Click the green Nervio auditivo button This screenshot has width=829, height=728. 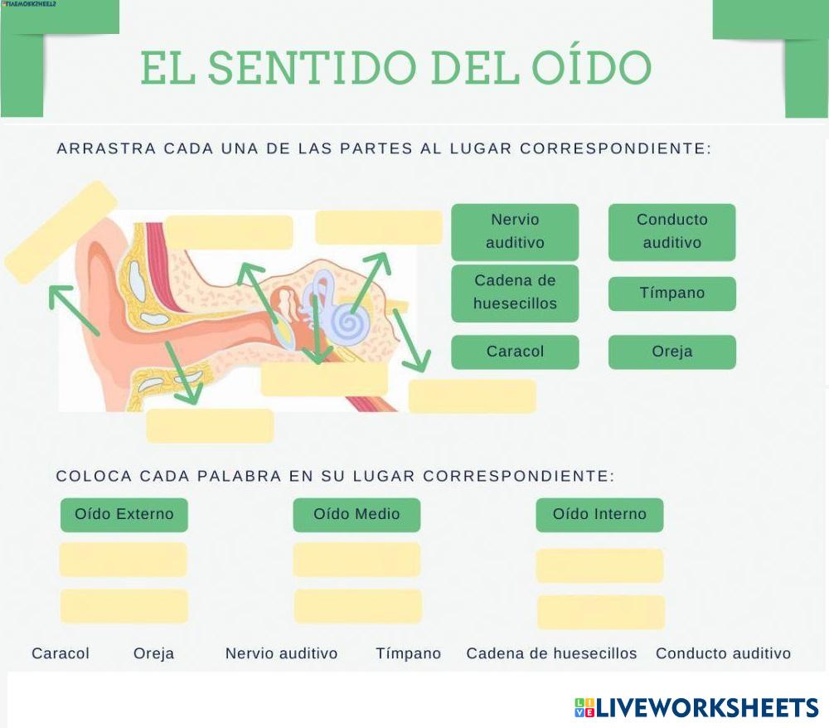click(515, 231)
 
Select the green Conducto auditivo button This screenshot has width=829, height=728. click(672, 231)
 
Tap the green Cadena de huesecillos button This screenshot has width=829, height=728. click(515, 292)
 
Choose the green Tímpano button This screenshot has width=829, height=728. click(672, 294)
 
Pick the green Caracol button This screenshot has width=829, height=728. click(515, 352)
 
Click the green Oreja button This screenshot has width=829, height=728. click(672, 352)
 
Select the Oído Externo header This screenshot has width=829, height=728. click(124, 514)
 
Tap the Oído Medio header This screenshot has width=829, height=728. click(356, 514)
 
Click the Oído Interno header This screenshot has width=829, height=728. click(599, 514)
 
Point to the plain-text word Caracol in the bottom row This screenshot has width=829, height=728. click(61, 653)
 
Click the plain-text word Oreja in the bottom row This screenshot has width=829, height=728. click(154, 653)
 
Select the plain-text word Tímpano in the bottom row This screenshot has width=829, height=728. click(409, 653)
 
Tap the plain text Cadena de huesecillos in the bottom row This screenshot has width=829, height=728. click(551, 653)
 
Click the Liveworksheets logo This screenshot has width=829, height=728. click(696, 707)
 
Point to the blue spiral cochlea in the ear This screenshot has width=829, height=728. click(349, 322)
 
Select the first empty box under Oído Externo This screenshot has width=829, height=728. click(124, 560)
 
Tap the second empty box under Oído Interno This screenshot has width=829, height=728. click(601, 612)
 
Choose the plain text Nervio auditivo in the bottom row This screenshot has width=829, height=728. click(282, 653)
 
